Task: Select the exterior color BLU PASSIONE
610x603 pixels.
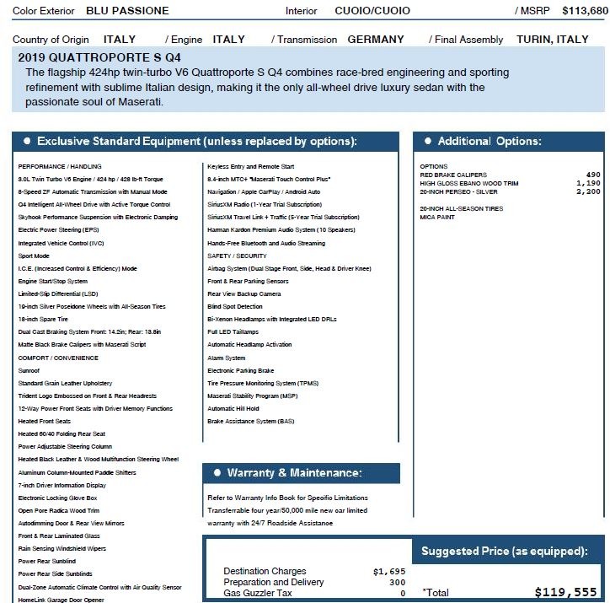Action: pos(127,11)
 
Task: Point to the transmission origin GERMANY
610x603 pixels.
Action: pos(376,40)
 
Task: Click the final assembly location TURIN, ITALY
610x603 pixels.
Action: pos(553,40)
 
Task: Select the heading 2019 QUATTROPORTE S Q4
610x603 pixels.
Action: pos(99,58)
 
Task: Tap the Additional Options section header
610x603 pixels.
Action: pos(490,141)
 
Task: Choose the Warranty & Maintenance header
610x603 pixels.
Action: pos(294,473)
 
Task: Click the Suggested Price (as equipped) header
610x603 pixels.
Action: pos(504,552)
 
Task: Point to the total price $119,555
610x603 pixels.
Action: pos(565,592)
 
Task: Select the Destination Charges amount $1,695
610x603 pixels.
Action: pos(389,572)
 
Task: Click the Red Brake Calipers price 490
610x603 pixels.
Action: pos(593,175)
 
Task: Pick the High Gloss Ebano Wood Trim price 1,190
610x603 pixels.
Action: pos(588,183)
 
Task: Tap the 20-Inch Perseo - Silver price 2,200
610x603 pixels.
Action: pos(588,191)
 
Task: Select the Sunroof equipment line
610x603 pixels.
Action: pos(29,369)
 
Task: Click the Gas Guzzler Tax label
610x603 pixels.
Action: pos(259,593)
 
